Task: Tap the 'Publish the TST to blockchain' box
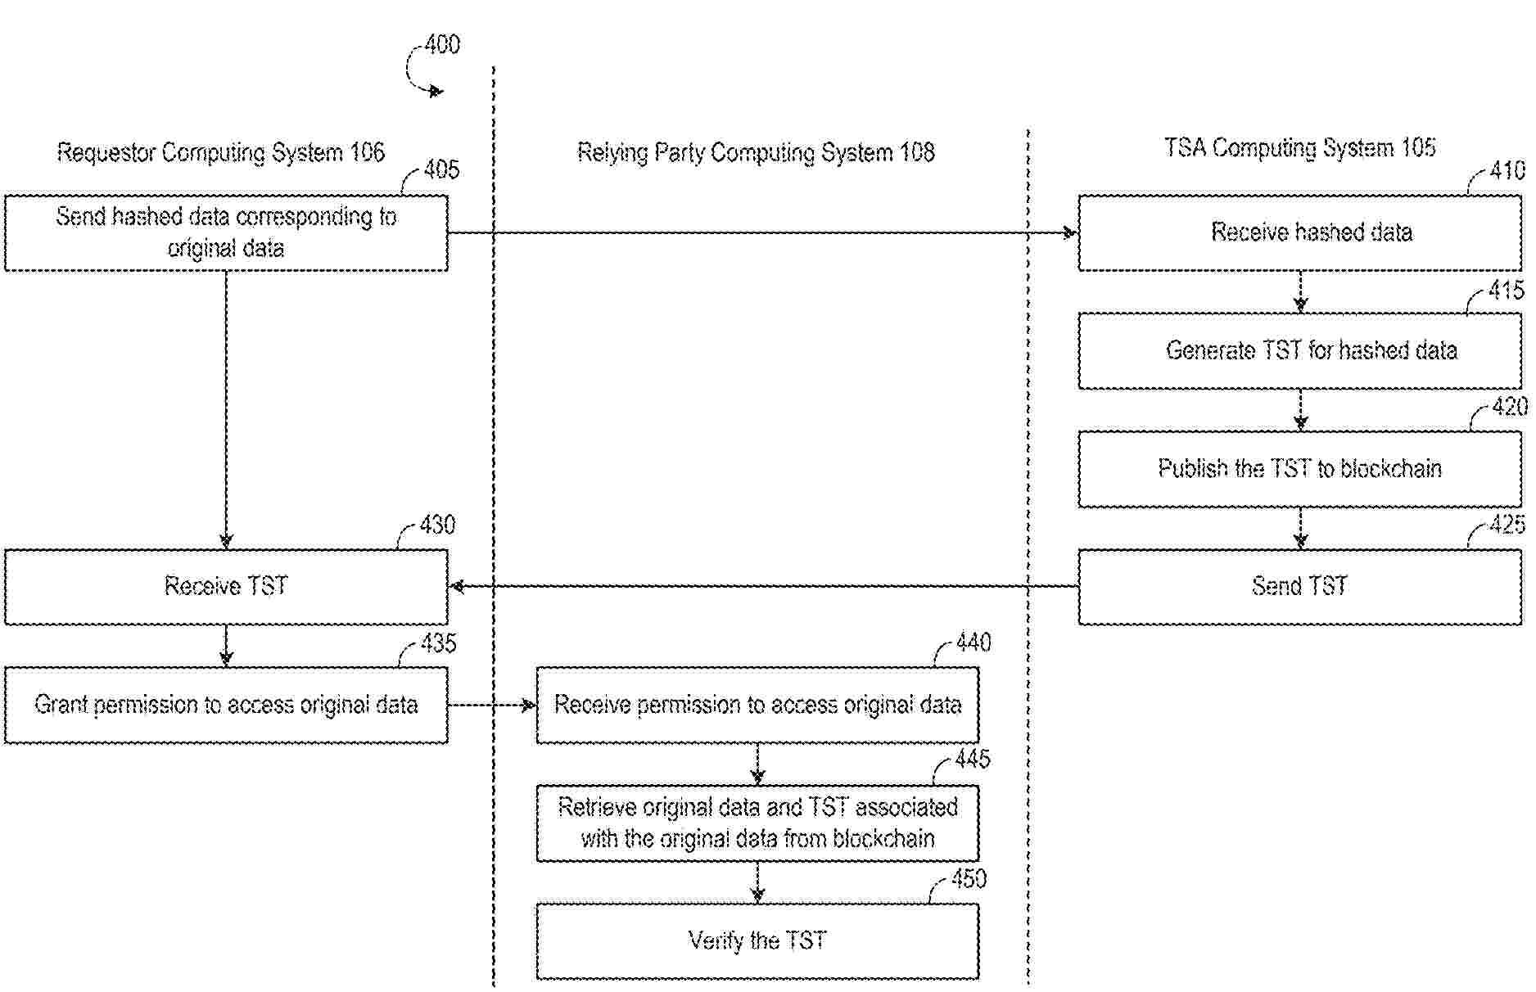pyautogui.click(x=1299, y=468)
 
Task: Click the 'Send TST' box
pyautogui.click(x=1299, y=586)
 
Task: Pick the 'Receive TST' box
pyautogui.click(x=226, y=586)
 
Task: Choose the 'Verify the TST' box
pyautogui.click(x=757, y=940)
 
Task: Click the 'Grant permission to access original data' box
pyautogui.click(x=226, y=705)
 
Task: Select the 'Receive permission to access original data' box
pyautogui.click(x=757, y=705)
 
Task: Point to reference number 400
pyautogui.click(x=442, y=44)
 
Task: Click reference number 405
pyautogui.click(x=441, y=170)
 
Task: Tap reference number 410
pyautogui.click(x=1507, y=170)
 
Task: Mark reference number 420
pyautogui.click(x=1509, y=407)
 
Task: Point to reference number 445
pyautogui.click(x=972, y=760)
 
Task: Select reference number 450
pyautogui.click(x=969, y=879)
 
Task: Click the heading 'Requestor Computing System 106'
pyautogui.click(x=220, y=152)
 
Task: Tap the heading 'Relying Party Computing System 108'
pyautogui.click(x=756, y=152)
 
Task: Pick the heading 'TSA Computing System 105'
pyautogui.click(x=1299, y=148)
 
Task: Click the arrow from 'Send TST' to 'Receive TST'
pyautogui.click(x=761, y=586)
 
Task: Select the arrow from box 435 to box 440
pyautogui.click(x=492, y=705)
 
